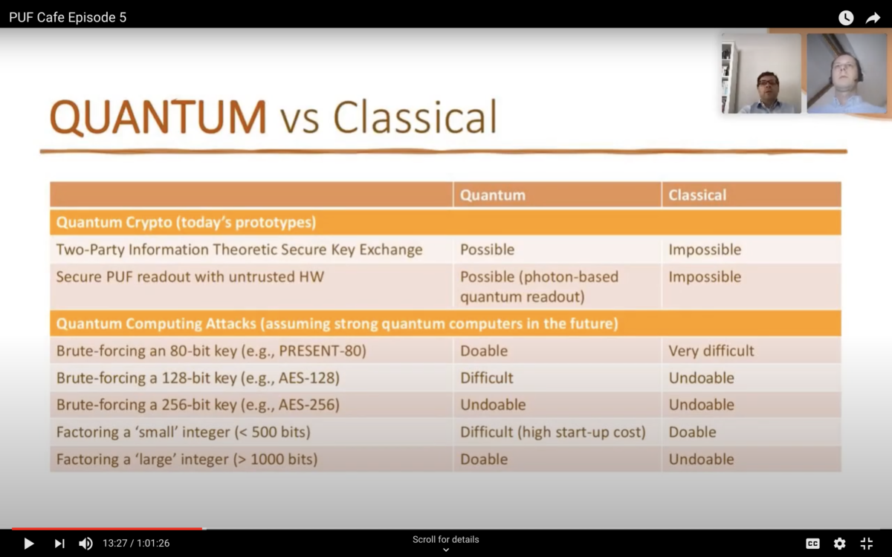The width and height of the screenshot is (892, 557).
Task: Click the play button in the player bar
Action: coord(29,544)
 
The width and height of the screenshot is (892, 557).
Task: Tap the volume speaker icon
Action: coord(85,544)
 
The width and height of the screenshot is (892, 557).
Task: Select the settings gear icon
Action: coord(839,544)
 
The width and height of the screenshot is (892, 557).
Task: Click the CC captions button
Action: coord(813,544)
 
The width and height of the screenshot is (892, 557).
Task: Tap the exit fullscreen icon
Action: coord(866,544)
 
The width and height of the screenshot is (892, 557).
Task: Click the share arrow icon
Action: coord(873,18)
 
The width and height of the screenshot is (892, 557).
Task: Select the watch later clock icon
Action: coord(846,18)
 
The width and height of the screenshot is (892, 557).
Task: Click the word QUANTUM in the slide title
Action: coord(158,117)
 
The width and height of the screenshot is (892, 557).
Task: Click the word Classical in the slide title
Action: coord(415,117)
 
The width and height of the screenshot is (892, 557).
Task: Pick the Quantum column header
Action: coord(492,195)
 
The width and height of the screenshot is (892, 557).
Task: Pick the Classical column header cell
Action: coord(697,195)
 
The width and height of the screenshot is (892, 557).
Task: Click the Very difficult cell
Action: coord(711,351)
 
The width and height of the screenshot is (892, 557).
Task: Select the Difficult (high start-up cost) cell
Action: coord(552,432)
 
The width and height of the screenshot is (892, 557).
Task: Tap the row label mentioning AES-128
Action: coord(198,378)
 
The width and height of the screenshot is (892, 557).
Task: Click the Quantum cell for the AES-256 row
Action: coord(492,405)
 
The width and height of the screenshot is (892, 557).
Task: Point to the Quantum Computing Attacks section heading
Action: coord(337,324)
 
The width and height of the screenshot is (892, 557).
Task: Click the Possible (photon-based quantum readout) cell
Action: coord(539,287)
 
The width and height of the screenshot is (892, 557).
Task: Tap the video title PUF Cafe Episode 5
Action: coord(68,18)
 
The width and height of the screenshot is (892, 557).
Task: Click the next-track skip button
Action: coord(59,544)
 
